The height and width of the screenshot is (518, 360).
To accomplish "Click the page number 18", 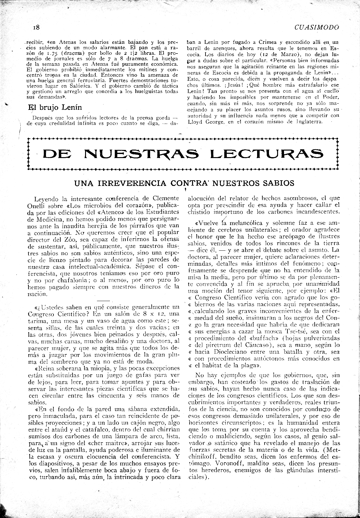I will click(36, 28).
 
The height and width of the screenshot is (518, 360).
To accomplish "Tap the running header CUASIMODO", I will click(317, 28).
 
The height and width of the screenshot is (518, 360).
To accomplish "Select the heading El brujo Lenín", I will click(55, 107).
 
